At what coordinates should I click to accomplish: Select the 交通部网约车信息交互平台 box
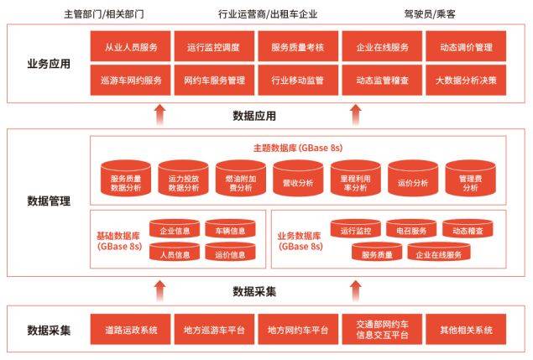(382, 329)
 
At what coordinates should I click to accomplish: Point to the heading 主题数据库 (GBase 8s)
(297, 147)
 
